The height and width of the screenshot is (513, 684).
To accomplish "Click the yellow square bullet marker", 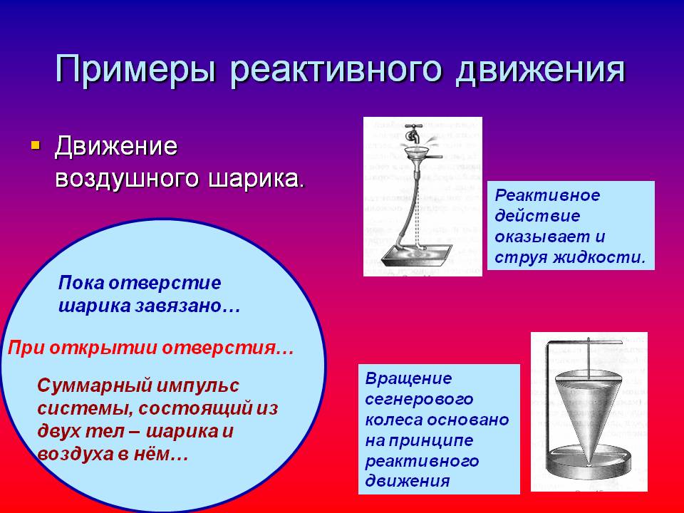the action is click(x=36, y=145).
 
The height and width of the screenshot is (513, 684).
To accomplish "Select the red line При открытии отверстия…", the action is click(x=151, y=348).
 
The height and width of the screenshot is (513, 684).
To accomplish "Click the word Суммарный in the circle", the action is click(x=95, y=385).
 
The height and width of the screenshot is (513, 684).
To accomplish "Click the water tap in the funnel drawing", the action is click(x=413, y=133).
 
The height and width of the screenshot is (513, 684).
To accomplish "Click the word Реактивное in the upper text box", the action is click(x=547, y=195).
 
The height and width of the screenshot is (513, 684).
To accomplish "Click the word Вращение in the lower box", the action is click(x=408, y=378).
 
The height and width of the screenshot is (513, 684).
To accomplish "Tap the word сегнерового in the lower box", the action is click(x=419, y=399).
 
